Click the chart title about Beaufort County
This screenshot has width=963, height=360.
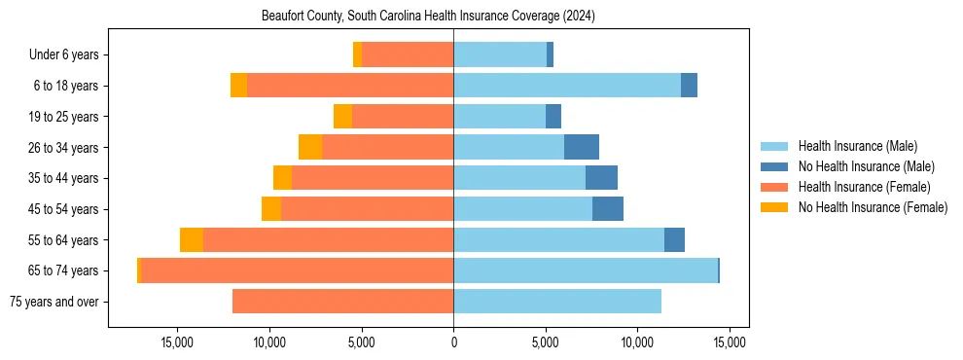428,17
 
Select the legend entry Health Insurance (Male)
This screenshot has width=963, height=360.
857,146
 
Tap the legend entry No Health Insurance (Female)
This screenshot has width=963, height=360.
873,207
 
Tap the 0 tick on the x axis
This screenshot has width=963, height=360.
453,342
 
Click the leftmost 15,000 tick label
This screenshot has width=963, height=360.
177,342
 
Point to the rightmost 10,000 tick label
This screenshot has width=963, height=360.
637,342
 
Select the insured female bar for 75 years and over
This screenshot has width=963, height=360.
342,302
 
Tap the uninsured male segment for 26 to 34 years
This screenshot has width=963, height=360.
581,147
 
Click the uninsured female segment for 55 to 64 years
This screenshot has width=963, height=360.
192,240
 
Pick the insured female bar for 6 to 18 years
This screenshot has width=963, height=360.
350,86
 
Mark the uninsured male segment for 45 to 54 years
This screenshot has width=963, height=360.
608,209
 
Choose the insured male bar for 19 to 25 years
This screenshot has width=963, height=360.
499,117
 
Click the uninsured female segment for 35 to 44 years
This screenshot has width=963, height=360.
282,178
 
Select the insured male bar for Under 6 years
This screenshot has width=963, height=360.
500,55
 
